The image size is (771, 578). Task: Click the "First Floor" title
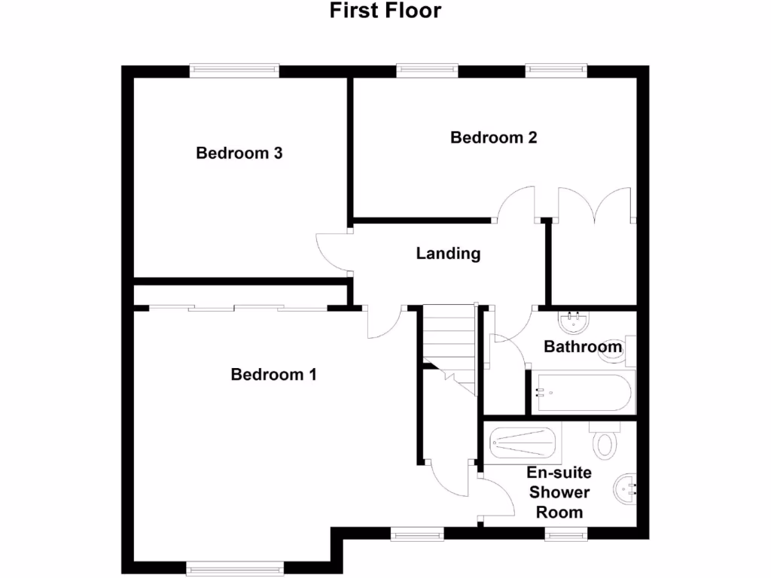coord(385,11)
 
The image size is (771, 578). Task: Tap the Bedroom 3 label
coord(239,154)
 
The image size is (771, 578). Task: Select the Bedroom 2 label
coord(493,138)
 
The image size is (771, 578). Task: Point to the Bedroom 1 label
coord(273,374)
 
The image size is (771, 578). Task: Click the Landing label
coord(448,254)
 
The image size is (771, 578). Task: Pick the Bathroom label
coord(583,347)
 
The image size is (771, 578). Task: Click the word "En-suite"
coord(559,473)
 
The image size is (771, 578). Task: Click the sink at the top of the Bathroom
coord(574,323)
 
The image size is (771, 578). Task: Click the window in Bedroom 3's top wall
coord(234,71)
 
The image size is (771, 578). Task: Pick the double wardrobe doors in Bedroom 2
coord(593,205)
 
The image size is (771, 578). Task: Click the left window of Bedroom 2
coord(428,71)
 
